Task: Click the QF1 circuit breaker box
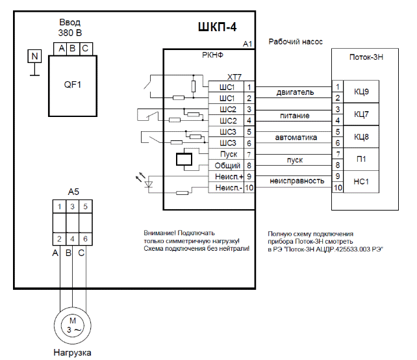[x=72, y=86]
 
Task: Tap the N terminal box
[x=34, y=57]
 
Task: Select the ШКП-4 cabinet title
[x=216, y=27]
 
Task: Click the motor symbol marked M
[x=73, y=326]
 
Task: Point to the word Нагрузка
[x=72, y=353]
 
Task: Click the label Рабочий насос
[x=296, y=42]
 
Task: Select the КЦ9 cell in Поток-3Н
[x=361, y=92]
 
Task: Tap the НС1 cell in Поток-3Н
[x=361, y=182]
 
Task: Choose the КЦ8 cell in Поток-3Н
[x=361, y=137]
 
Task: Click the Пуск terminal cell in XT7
[x=229, y=155]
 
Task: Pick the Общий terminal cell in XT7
[x=227, y=166]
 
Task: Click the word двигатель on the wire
[x=296, y=92]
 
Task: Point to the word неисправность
[x=297, y=181]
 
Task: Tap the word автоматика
[x=296, y=138]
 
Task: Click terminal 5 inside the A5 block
[x=84, y=207]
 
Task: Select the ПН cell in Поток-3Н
[x=361, y=159]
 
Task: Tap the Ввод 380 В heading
[x=70, y=27]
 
